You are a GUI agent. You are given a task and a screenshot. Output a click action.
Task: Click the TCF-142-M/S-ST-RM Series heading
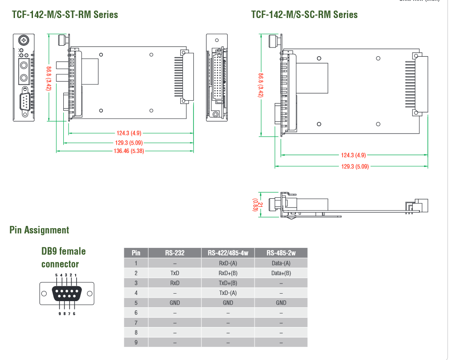click(65, 15)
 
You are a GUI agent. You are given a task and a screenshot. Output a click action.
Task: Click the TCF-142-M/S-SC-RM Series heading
click(304, 15)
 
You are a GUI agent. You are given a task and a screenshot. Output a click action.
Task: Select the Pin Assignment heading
click(39, 230)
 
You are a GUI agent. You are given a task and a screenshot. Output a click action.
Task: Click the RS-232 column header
click(175, 253)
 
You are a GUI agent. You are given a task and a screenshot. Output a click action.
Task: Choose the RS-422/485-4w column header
click(228, 253)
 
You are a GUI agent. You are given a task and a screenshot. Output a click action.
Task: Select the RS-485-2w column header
click(281, 253)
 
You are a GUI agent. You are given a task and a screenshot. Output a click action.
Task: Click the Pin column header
click(136, 253)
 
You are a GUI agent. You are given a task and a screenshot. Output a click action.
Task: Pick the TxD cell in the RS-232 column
click(175, 273)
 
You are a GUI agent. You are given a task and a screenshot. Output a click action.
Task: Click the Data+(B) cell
click(281, 273)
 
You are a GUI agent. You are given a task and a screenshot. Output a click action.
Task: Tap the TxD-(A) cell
click(228, 293)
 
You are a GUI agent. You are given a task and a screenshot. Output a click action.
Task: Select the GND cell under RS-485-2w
click(281, 302)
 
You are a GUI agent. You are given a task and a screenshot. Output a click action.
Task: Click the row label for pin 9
click(136, 342)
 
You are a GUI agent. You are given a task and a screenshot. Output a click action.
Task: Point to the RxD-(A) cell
click(228, 263)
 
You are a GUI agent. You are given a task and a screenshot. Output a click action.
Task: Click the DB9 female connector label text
click(63, 258)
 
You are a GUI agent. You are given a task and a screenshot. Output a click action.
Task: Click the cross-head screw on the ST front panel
click(23, 41)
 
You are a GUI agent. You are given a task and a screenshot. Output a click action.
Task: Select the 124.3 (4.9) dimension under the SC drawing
click(353, 155)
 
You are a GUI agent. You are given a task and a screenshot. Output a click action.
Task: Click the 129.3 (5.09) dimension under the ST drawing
click(129, 143)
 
